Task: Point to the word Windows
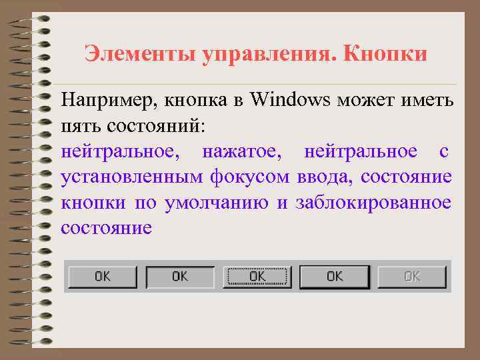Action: (x=291, y=101)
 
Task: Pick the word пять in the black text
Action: (x=77, y=126)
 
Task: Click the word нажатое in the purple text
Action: (x=242, y=152)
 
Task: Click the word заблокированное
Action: (x=374, y=203)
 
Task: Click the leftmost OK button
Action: (x=103, y=277)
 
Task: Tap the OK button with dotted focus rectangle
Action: (x=257, y=277)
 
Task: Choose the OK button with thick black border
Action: (x=334, y=277)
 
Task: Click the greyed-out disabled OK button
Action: (x=412, y=277)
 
